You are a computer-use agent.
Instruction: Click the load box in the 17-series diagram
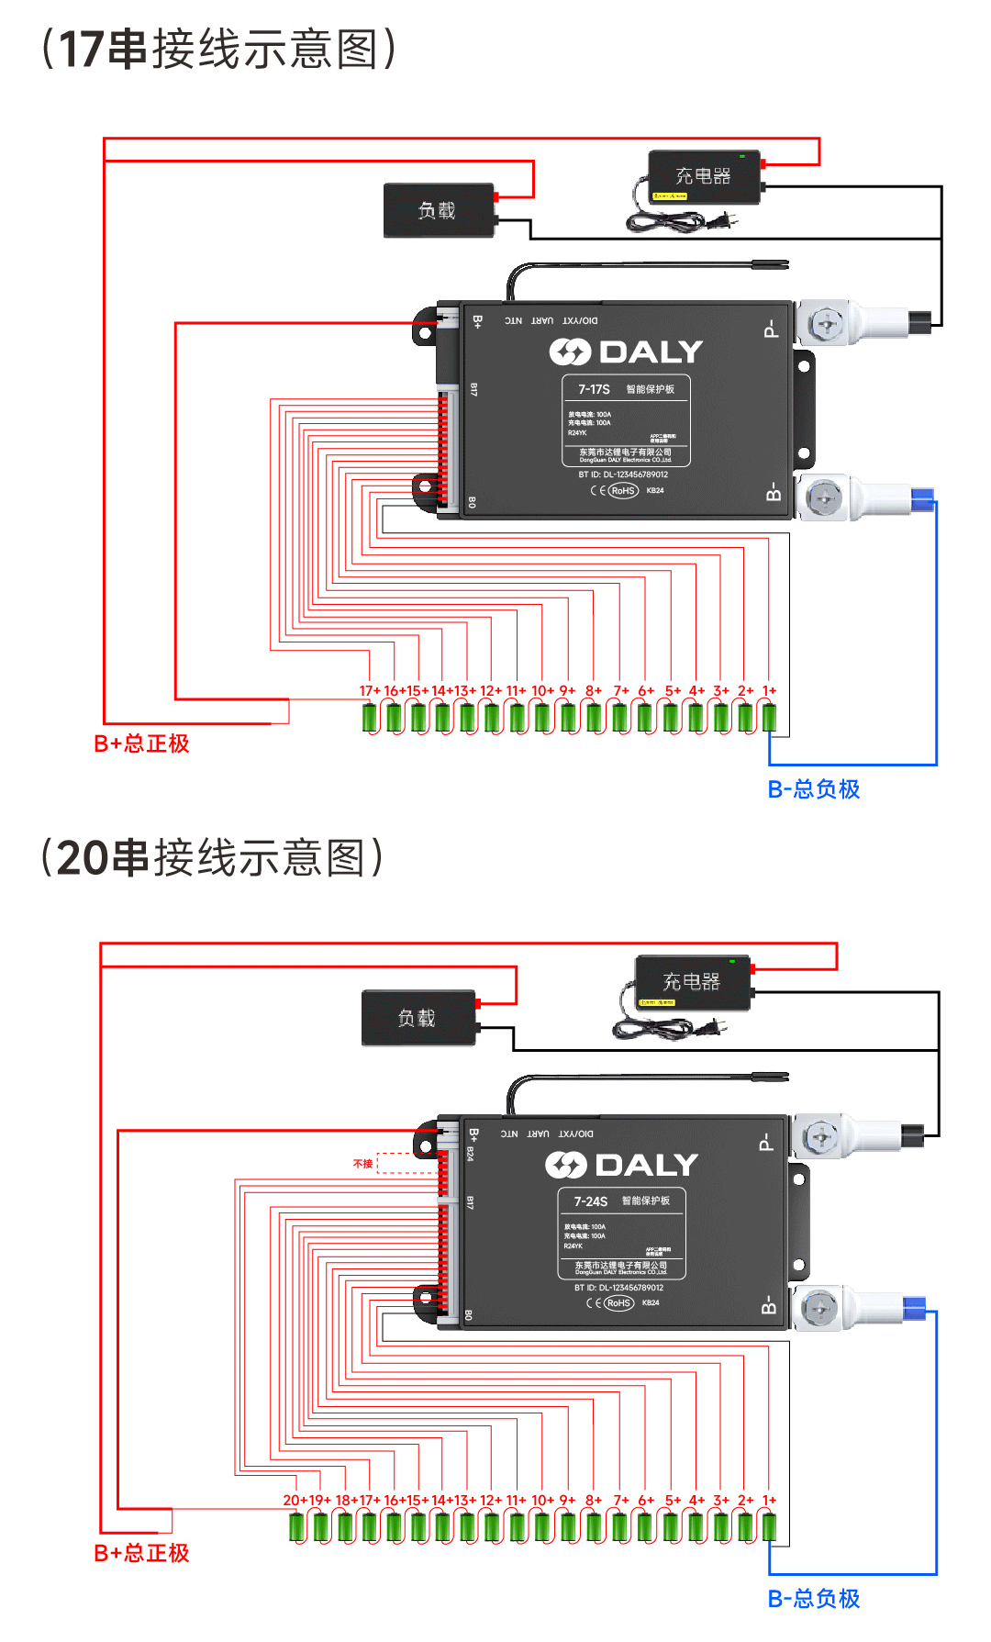point(439,210)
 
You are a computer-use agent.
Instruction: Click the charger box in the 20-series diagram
point(693,982)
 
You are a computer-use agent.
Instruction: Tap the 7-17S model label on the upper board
point(594,389)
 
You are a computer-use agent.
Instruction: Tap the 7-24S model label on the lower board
point(590,1201)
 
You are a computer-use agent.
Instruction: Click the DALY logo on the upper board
point(626,352)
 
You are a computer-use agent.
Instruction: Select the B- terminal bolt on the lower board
point(819,1309)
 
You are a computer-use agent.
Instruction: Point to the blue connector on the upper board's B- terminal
point(921,498)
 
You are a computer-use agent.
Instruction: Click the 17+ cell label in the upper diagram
point(369,690)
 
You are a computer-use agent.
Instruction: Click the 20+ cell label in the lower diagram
point(294,1500)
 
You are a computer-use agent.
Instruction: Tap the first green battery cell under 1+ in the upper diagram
point(769,718)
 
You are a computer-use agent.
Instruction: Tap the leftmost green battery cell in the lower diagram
point(296,1527)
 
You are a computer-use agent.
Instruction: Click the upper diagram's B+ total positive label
point(141,743)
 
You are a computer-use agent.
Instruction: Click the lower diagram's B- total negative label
point(813,1598)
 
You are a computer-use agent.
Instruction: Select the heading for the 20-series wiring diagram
point(212,858)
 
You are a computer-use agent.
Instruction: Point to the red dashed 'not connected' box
point(406,1163)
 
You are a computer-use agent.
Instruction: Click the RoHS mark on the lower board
point(618,1302)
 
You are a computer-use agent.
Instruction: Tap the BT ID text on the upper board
point(623,475)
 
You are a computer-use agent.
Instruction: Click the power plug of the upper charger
point(723,221)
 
